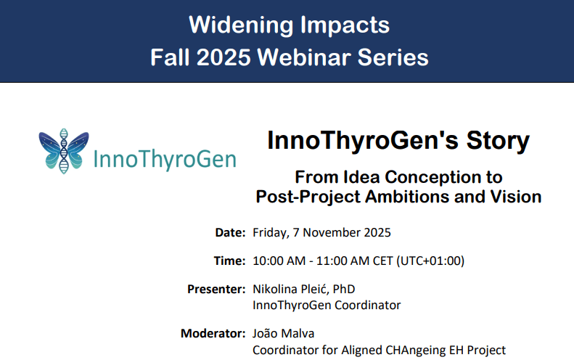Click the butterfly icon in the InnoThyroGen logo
pos(65,151)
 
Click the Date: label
pos(231,233)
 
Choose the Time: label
pos(231,261)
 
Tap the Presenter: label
pos(216,289)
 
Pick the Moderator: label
pos(213,334)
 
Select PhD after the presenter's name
pos(344,289)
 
